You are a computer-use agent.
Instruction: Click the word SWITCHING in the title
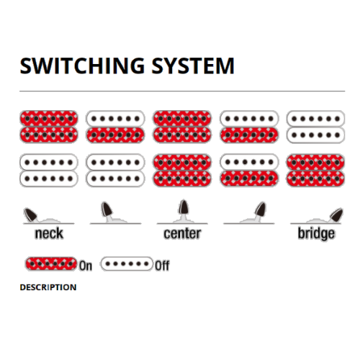click(x=82, y=66)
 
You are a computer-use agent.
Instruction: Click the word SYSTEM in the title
click(x=193, y=66)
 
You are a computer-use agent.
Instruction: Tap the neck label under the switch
click(x=49, y=233)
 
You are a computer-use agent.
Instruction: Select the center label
click(x=182, y=233)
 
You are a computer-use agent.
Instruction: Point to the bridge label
click(x=316, y=234)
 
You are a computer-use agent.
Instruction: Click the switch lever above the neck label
click(x=30, y=214)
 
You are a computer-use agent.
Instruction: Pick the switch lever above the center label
click(x=184, y=207)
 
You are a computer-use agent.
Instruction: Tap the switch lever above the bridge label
click(x=336, y=215)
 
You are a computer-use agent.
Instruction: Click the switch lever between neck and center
click(x=107, y=210)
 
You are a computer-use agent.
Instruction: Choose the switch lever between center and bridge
click(x=261, y=210)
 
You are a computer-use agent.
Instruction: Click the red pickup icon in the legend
click(x=51, y=264)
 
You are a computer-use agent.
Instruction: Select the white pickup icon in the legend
click(x=127, y=264)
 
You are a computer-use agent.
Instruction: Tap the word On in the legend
click(x=86, y=266)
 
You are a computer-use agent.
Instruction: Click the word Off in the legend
click(x=162, y=266)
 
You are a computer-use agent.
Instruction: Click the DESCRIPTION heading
click(x=48, y=287)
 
